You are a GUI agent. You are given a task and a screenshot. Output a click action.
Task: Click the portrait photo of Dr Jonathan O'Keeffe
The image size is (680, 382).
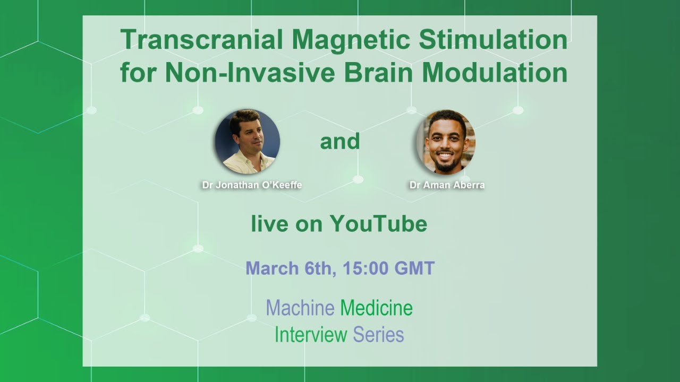tap(247, 141)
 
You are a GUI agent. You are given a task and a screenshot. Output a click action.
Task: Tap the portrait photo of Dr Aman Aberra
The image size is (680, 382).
tap(446, 142)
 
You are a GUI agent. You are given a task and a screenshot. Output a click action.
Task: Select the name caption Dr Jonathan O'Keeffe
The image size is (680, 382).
tap(252, 186)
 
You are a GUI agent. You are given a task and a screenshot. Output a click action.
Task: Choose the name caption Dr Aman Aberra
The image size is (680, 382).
tap(447, 186)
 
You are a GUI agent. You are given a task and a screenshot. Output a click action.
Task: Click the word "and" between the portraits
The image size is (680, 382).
tap(340, 142)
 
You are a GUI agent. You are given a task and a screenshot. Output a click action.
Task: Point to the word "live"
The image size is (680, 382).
tap(268, 224)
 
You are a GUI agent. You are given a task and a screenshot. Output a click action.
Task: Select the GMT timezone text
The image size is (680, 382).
tap(414, 268)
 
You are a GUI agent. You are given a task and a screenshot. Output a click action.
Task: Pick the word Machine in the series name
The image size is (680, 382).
tap(300, 308)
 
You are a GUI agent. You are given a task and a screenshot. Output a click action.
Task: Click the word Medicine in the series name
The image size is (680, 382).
tap(376, 308)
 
